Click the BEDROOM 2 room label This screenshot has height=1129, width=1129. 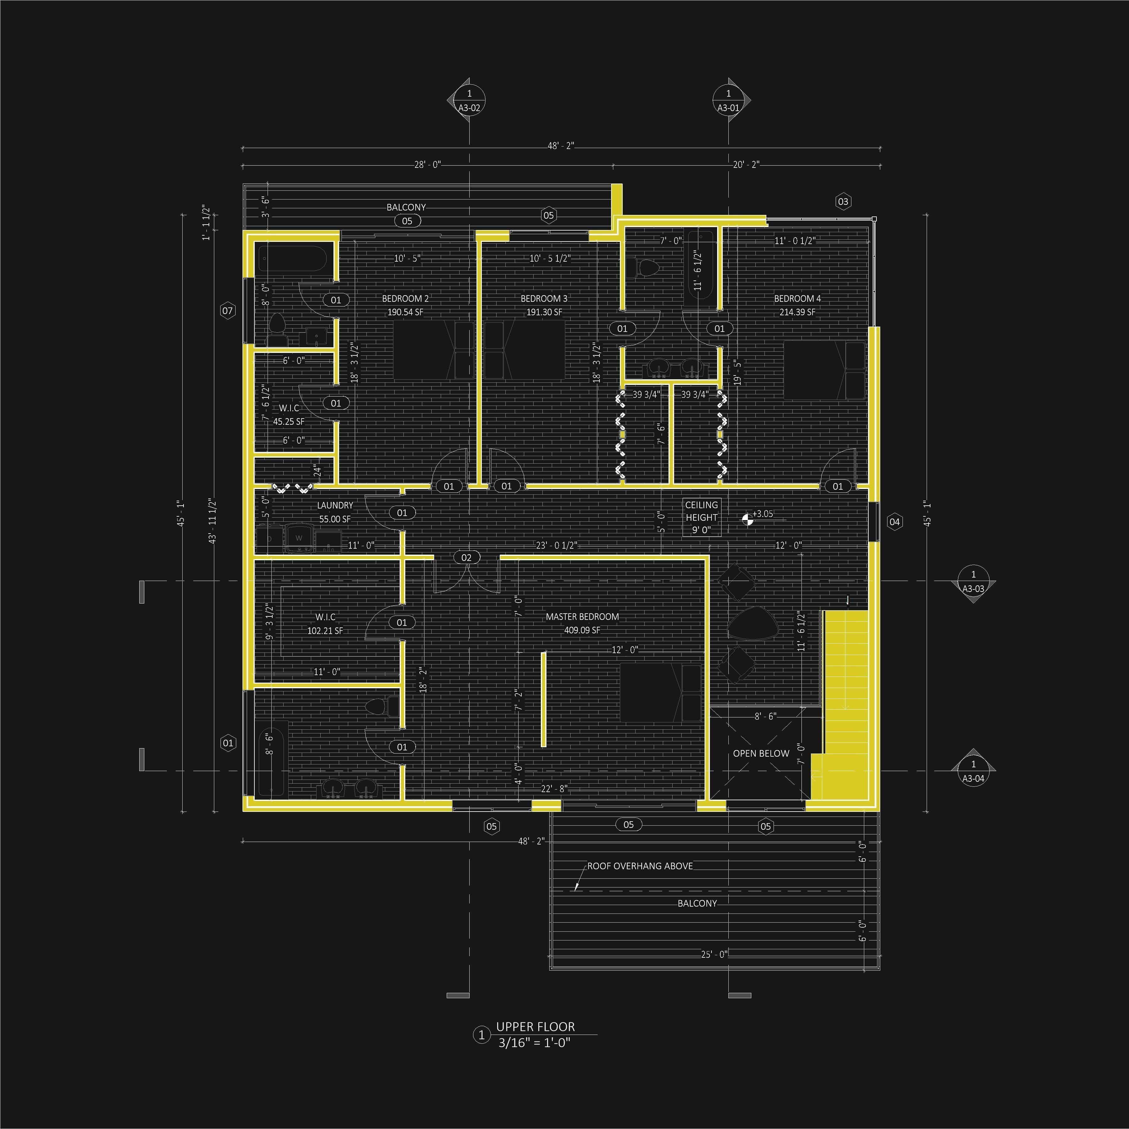click(x=405, y=299)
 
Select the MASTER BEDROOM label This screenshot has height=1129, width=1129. click(x=582, y=616)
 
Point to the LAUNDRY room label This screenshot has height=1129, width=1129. click(x=335, y=505)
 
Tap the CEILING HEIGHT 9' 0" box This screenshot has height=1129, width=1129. click(x=701, y=517)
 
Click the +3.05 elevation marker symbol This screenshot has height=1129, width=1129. click(x=747, y=518)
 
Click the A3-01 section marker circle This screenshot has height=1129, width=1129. click(x=728, y=100)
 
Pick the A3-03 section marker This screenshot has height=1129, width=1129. click(x=973, y=582)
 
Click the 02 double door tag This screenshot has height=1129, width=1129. click(x=466, y=557)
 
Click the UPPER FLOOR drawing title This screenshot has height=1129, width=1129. click(x=535, y=1027)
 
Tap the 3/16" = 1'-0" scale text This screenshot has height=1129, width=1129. click(x=534, y=1042)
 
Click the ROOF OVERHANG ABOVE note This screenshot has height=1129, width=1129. click(x=640, y=866)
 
